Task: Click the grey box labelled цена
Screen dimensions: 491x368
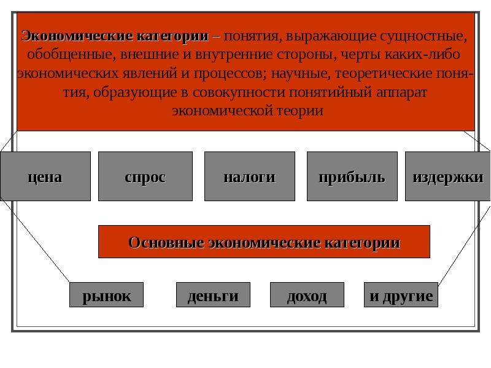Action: [45, 176]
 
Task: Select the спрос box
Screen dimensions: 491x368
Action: [145, 176]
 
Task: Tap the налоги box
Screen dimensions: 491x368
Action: [250, 176]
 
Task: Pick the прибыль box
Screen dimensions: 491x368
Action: [352, 176]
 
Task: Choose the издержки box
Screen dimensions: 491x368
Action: [448, 176]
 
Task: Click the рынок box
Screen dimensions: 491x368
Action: [106, 295]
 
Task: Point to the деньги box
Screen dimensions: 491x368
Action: [213, 295]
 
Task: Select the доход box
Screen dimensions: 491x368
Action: [307, 295]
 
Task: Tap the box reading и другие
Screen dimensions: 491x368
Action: [401, 295]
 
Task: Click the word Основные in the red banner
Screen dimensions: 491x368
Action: [166, 242]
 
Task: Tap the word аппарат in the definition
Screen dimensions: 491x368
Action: [401, 93]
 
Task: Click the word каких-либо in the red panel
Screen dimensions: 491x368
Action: [422, 55]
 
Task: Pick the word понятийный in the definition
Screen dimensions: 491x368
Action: [330, 93]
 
